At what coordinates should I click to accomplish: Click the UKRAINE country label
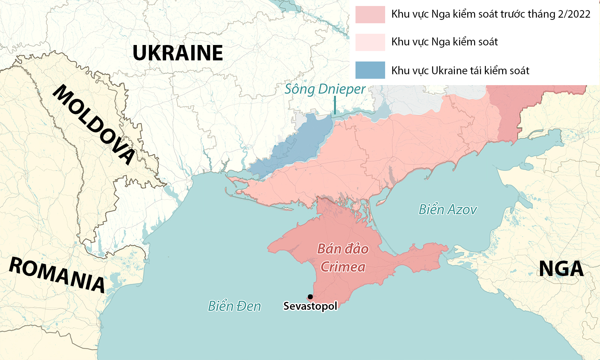178,53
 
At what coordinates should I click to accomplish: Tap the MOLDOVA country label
94,124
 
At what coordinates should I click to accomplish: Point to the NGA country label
561,268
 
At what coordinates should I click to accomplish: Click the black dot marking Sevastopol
310,297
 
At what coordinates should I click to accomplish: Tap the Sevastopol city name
310,306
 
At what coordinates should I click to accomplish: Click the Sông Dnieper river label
325,89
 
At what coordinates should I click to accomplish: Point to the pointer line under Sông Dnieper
335,105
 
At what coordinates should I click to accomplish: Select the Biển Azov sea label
448,210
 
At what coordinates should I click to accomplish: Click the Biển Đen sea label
234,306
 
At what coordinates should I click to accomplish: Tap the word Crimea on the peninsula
343,267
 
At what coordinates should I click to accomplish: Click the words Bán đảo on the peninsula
343,249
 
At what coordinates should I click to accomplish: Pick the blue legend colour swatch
370,70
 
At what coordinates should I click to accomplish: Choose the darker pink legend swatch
370,15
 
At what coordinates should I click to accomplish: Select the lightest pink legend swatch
370,42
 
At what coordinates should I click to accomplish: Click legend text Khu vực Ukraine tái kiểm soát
460,70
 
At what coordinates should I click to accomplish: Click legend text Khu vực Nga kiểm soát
444,42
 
